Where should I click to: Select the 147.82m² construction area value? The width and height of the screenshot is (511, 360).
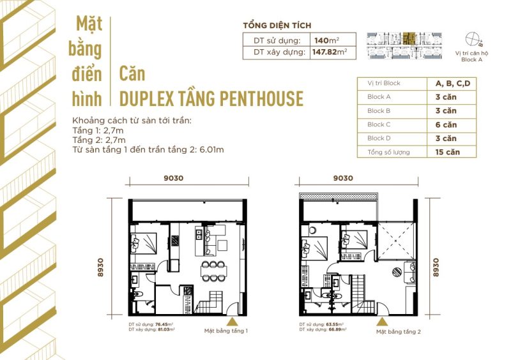(333, 52)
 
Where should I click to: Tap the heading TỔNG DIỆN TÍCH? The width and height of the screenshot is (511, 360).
(277, 26)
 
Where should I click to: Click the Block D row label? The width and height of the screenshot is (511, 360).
(376, 139)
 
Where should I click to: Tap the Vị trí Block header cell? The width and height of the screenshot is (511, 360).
(384, 83)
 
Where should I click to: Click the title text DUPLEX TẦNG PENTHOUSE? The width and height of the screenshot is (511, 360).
(211, 98)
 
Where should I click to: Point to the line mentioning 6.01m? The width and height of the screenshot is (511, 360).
(148, 150)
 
